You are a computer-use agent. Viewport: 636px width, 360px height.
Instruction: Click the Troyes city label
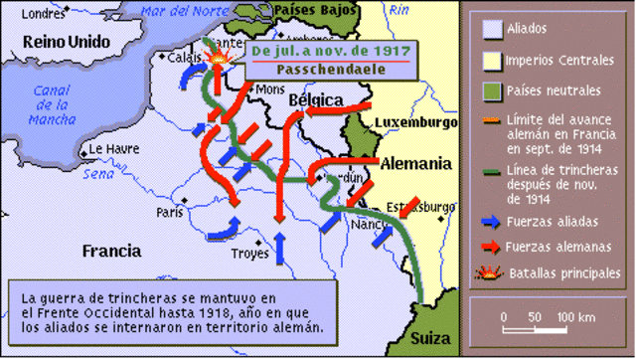click(x=248, y=254)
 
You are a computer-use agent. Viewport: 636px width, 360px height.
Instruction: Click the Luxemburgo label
click(x=415, y=121)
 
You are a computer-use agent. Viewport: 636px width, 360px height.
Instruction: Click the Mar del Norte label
click(x=179, y=12)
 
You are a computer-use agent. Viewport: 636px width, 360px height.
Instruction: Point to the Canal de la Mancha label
click(x=48, y=104)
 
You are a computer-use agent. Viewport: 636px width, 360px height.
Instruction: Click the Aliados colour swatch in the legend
click(x=491, y=29)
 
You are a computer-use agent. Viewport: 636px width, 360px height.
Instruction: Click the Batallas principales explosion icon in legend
click(x=491, y=270)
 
